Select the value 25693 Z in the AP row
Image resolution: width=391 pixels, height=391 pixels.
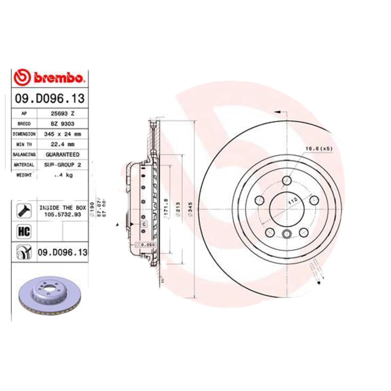point(63,113)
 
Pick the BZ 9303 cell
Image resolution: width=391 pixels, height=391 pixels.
point(63,123)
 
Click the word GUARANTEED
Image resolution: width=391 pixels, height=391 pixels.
point(63,154)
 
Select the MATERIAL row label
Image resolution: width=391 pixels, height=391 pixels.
point(24,165)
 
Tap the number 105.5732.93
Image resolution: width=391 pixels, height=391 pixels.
point(63,214)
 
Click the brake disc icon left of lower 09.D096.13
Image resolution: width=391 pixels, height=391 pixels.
point(23,252)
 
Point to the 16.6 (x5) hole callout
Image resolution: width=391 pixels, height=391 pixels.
point(319,148)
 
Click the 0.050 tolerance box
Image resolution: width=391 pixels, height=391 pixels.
point(146,244)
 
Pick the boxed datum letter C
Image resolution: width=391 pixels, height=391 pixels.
point(144,224)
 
